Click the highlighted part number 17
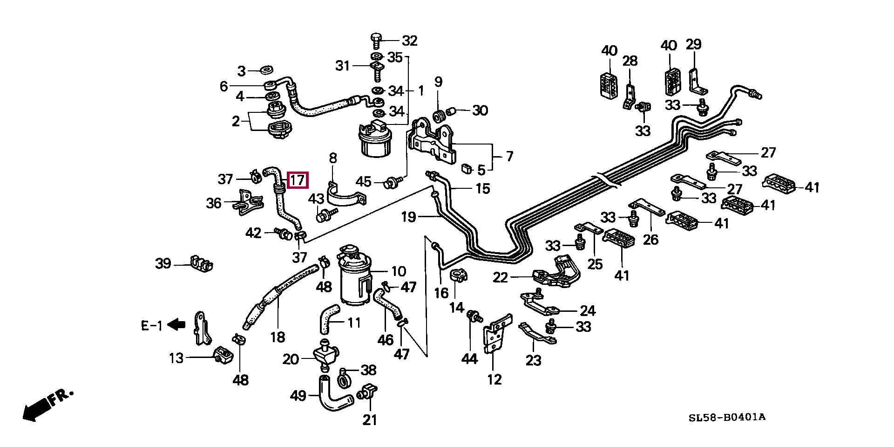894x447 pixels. point(298,179)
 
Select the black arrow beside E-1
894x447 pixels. point(176,324)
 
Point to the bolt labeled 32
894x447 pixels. point(376,41)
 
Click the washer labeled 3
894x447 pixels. point(267,70)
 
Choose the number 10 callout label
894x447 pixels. point(399,271)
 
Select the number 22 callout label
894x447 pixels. point(501,278)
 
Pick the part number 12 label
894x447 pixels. point(494,379)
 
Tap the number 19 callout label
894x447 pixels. point(408,217)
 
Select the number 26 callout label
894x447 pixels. point(651,240)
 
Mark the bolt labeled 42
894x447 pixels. point(282,233)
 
